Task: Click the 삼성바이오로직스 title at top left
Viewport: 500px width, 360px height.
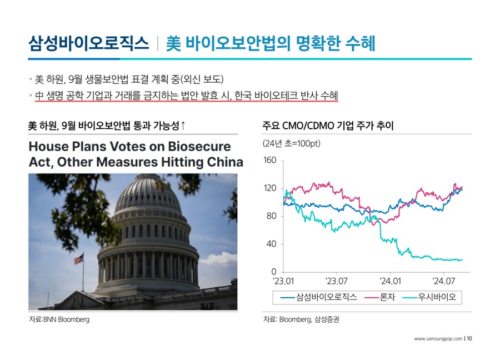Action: pos(88,43)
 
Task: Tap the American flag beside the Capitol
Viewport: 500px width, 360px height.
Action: pos(79,258)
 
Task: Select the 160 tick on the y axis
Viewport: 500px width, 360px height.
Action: pos(270,160)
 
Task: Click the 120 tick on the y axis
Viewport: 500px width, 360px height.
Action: pos(270,188)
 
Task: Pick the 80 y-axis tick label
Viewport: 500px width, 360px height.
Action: pos(271,216)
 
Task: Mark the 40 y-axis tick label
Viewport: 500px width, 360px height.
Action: pos(271,244)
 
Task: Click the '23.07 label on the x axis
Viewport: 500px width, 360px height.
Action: pos(337,281)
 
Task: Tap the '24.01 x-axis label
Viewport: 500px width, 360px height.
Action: pos(390,281)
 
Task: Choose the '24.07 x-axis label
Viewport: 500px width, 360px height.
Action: pos(443,281)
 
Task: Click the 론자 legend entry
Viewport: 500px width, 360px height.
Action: pos(379,297)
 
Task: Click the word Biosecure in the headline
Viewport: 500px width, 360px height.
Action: pos(199,146)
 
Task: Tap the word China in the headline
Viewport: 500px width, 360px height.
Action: pos(225,162)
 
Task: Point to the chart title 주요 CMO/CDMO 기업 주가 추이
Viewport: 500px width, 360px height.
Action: pos(328,126)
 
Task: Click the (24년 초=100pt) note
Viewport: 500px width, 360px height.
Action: pos(292,144)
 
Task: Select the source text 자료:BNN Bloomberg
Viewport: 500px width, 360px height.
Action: pos(59,319)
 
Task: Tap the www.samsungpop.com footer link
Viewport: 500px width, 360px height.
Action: pos(438,339)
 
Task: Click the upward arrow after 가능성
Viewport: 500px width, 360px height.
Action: pos(183,126)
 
